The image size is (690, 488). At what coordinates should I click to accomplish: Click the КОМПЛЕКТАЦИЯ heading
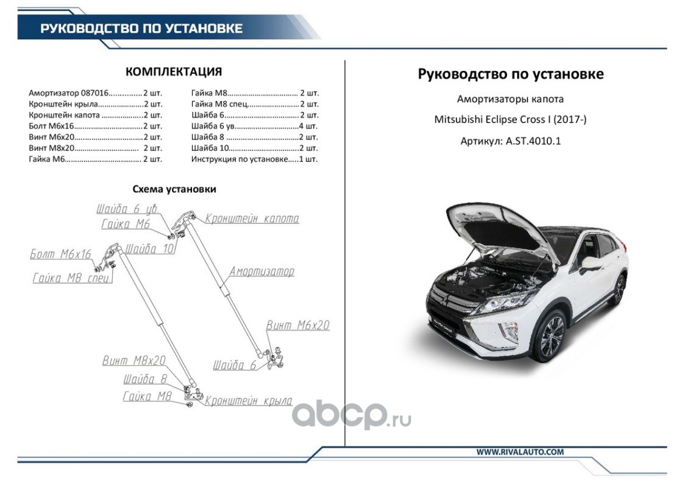pos(173,72)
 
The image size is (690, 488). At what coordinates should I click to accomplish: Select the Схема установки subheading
pos(174,189)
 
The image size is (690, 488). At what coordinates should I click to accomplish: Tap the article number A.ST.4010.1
pos(510,141)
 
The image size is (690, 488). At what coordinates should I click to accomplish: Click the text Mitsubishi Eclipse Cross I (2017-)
pos(510,120)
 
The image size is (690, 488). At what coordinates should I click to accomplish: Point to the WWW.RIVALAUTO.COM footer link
pos(519,452)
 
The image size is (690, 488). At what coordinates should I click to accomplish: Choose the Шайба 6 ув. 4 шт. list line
pos(254,126)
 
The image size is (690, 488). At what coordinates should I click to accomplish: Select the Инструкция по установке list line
pos(254,159)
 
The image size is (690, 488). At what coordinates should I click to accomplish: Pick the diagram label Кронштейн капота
pos(252,218)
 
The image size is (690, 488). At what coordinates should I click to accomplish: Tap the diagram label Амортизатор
pos(261,271)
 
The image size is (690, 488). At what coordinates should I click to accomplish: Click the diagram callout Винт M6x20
pos(297,326)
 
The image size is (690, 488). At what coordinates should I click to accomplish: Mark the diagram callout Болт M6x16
pos(60,254)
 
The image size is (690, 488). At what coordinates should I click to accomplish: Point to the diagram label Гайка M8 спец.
pos(71,278)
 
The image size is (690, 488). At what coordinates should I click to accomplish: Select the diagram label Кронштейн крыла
pos(248,401)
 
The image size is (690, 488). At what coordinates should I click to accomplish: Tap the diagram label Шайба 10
pos(151,249)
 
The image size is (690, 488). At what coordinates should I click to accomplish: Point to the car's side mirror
pos(591,264)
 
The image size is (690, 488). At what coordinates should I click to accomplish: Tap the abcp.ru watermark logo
pos(350,416)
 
